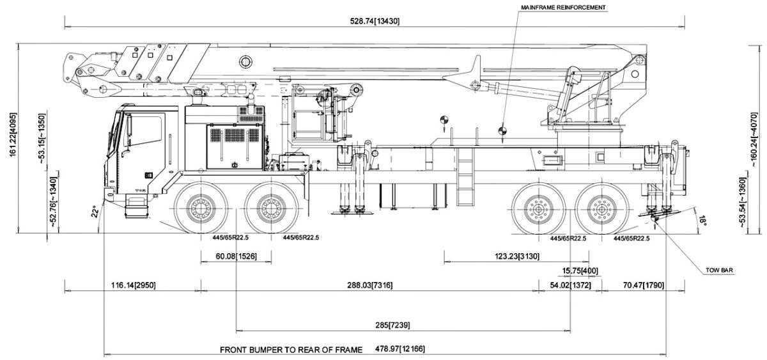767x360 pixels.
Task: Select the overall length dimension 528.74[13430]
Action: (375, 21)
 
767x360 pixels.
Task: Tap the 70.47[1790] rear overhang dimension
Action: (641, 285)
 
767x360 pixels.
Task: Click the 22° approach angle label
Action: (95, 210)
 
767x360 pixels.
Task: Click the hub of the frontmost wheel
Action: (201, 208)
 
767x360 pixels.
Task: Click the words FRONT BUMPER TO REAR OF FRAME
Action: (291, 350)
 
